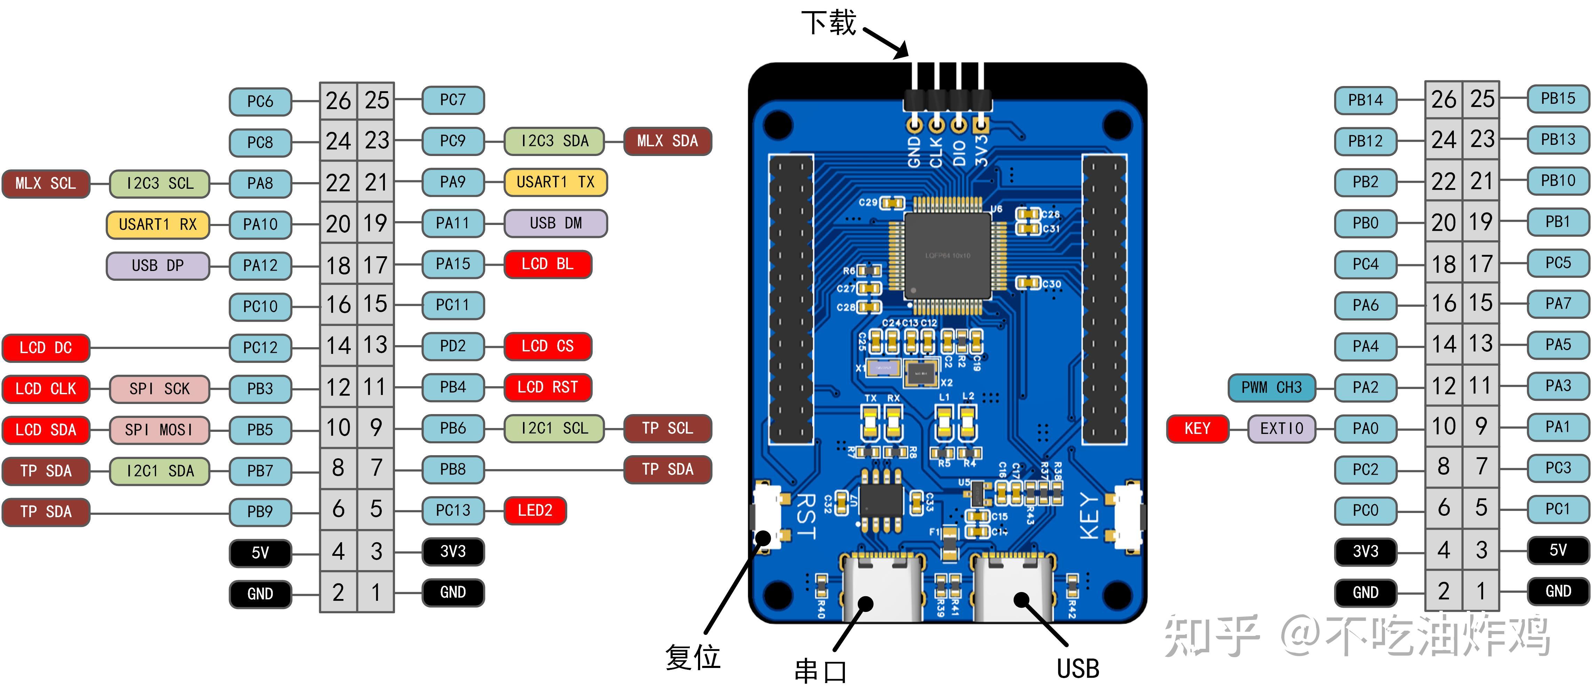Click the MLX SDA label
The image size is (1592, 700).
(x=667, y=141)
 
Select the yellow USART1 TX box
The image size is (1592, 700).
(x=555, y=182)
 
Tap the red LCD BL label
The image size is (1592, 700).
(x=548, y=264)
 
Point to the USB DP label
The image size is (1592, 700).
(x=158, y=265)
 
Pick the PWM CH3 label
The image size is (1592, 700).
(x=1271, y=388)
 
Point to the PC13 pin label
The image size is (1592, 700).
(x=453, y=510)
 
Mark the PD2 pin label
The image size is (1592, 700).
(x=453, y=346)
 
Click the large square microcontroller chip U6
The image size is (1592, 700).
(x=948, y=255)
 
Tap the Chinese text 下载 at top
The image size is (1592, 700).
(x=828, y=23)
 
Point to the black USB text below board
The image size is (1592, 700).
(x=1078, y=668)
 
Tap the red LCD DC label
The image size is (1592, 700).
(x=46, y=348)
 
